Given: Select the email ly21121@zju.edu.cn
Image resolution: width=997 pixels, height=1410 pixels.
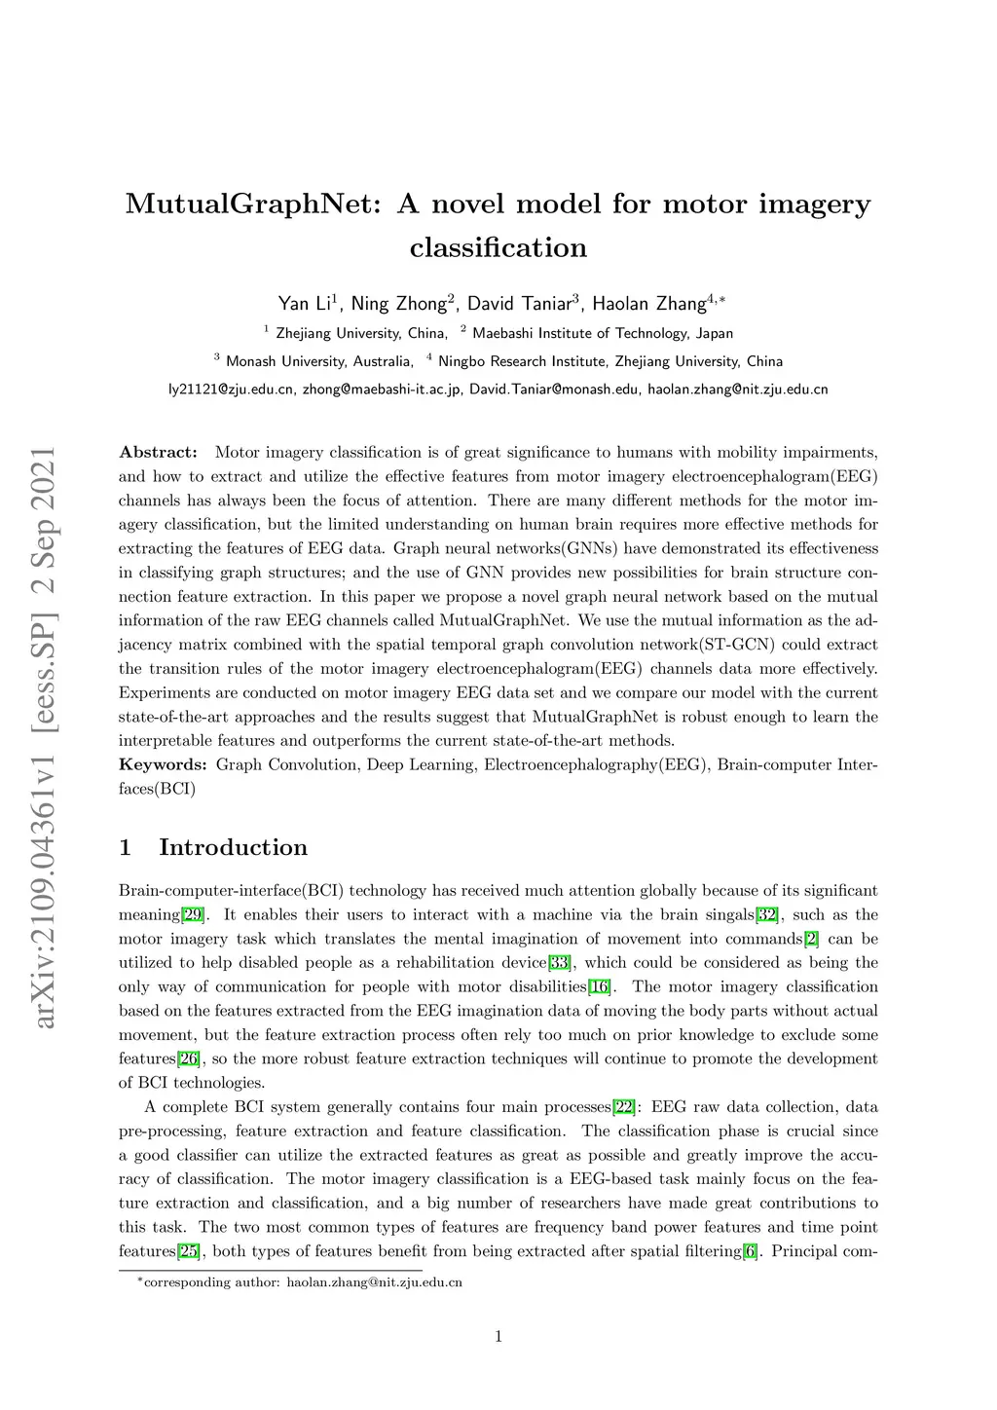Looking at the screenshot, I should [231, 390].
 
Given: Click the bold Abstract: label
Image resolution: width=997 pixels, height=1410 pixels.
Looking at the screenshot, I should [158, 452].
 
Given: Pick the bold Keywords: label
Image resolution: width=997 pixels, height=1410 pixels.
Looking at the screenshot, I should [163, 764].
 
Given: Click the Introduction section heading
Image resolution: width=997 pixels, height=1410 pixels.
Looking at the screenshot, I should [233, 847].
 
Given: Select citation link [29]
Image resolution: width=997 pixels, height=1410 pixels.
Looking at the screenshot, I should [193, 914].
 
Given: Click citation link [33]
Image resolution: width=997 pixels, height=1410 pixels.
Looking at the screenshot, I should [559, 963].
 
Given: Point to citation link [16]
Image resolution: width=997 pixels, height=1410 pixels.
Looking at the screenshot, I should [599, 987].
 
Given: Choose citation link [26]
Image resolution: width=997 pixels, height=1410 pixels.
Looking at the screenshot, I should [189, 1058].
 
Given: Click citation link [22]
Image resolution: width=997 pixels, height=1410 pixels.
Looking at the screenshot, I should [624, 1107].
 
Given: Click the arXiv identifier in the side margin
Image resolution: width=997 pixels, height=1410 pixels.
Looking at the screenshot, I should [43, 735].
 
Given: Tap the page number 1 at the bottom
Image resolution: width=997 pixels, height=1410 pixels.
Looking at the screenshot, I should [498, 1337].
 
